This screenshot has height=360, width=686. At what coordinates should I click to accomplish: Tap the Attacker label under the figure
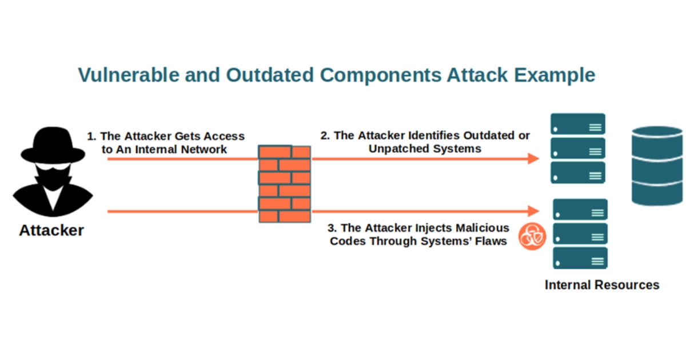(51, 231)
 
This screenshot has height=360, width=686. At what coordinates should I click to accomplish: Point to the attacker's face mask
(53, 174)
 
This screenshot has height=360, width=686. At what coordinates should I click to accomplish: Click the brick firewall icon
(284, 183)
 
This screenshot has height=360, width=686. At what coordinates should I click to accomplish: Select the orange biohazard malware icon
(532, 235)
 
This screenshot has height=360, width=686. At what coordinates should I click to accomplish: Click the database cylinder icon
(657, 166)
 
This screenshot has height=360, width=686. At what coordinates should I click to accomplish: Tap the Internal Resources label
(601, 285)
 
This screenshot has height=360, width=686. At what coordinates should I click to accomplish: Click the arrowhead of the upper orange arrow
(534, 159)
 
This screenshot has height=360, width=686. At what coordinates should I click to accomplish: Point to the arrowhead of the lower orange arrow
(534, 211)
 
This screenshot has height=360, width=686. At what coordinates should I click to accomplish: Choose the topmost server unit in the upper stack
(577, 124)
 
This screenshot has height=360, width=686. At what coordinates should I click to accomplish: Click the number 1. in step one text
(91, 137)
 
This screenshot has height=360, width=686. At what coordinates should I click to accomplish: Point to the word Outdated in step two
(488, 136)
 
